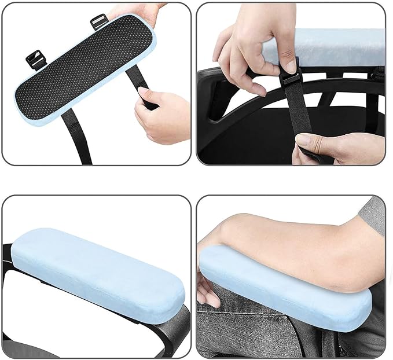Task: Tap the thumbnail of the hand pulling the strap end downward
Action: click(x=302, y=139)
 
